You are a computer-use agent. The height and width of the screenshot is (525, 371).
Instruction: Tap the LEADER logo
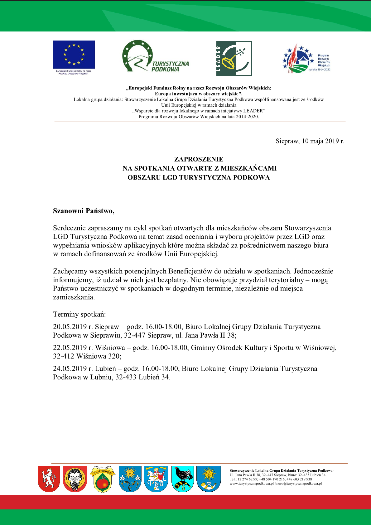(234, 59)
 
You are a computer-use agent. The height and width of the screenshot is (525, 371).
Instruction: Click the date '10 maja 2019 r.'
(323, 141)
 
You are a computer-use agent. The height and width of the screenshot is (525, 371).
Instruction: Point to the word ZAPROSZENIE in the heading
(199, 159)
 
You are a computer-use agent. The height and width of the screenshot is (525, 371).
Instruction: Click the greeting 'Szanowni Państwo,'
(84, 211)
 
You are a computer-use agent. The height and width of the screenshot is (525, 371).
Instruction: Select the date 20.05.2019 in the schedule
(70, 327)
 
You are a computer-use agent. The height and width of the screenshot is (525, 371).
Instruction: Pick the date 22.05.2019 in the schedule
(70, 348)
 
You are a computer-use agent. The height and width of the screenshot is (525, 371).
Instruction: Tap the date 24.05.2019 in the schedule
(70, 368)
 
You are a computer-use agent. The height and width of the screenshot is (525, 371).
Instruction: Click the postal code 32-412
(64, 356)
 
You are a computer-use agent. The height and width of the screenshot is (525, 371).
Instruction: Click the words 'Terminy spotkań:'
(79, 314)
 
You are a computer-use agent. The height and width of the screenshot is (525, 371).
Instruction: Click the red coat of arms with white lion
(49, 479)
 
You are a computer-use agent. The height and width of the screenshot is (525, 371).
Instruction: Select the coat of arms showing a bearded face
(75, 479)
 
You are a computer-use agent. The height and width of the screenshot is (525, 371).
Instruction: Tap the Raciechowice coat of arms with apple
(103, 479)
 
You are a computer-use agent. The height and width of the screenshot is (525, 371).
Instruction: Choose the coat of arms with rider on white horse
(156, 479)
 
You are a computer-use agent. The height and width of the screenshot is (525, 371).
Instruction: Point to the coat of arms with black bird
(183, 479)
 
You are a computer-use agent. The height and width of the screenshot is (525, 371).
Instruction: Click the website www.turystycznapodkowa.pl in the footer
(252, 484)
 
